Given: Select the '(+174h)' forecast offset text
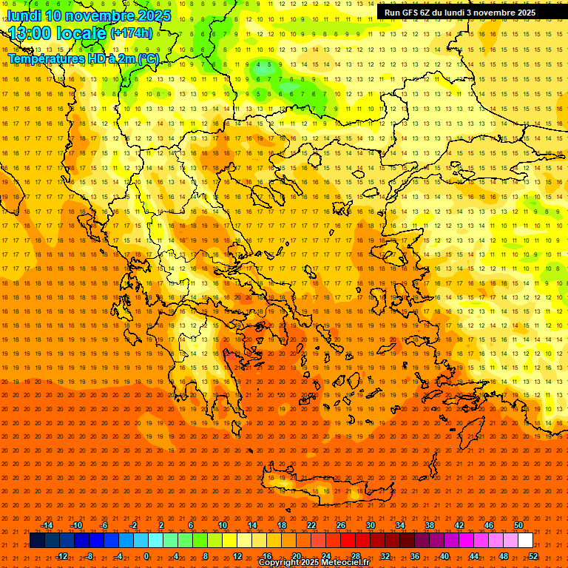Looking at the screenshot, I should click(132, 33).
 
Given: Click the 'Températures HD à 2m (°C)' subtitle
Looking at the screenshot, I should click(83, 58).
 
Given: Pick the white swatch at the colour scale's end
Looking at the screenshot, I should click(525, 541).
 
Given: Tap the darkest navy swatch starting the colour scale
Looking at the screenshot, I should click(37, 541).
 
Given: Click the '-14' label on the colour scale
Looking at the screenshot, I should click(46, 525).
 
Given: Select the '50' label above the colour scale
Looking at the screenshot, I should click(518, 525).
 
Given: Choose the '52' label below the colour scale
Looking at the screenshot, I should click(533, 556).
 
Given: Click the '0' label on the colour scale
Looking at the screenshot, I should click(146, 556).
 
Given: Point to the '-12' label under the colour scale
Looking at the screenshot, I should click(61, 556).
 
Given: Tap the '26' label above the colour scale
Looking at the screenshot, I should click(341, 525).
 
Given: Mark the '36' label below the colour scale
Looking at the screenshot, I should click(415, 556).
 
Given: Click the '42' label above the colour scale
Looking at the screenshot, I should click(459, 525).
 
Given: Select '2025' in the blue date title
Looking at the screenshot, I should click(149, 16).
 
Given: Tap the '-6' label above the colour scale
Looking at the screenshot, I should click(104, 525).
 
